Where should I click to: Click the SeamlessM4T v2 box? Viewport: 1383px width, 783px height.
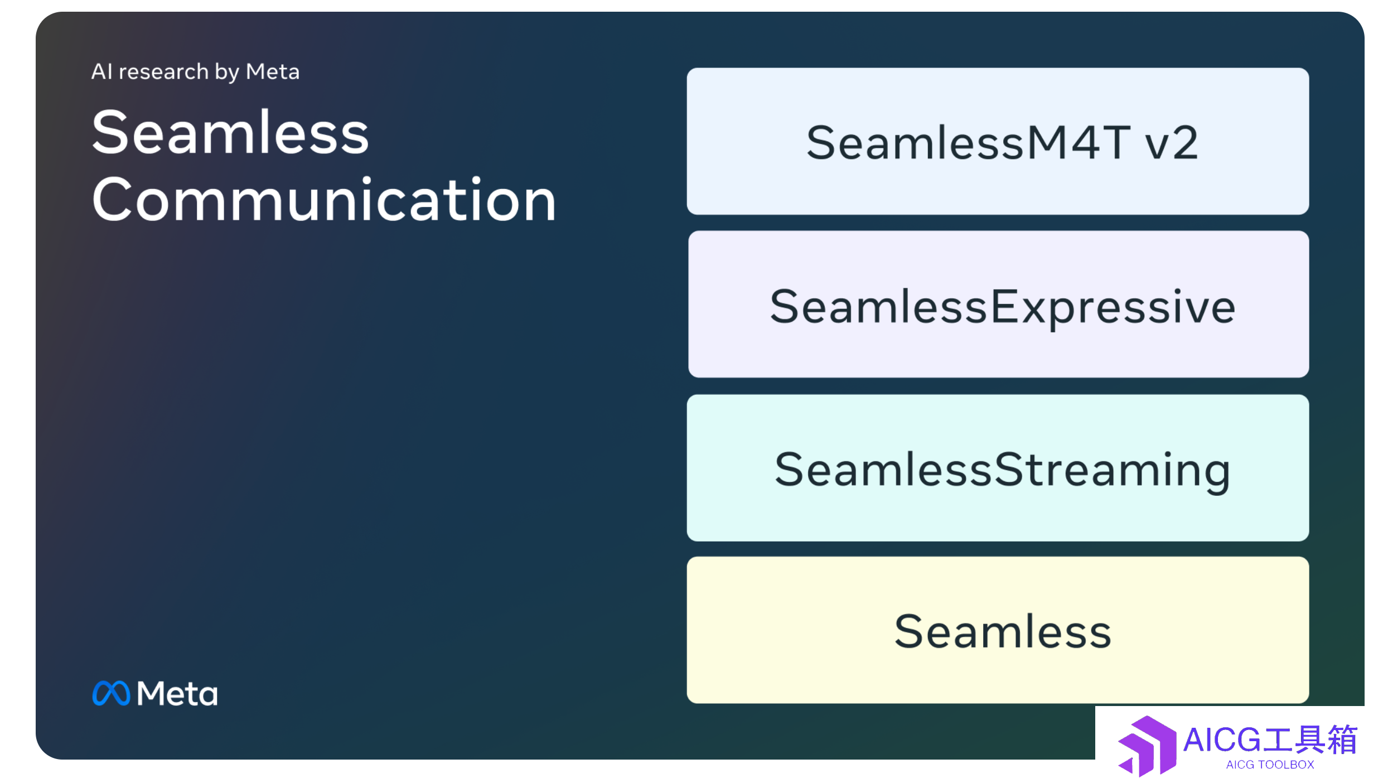pyautogui.click(x=998, y=141)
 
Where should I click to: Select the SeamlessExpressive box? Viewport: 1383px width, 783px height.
pyautogui.click(x=998, y=304)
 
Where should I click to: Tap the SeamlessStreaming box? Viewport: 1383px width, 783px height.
pyautogui.click(x=998, y=468)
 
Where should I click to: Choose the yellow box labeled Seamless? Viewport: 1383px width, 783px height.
pyautogui.click(x=998, y=630)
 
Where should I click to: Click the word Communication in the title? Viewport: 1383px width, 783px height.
pyautogui.click(x=324, y=200)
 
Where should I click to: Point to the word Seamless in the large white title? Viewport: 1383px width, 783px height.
pyautogui.click(x=230, y=132)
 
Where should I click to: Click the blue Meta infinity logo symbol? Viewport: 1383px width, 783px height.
pyautogui.click(x=111, y=693)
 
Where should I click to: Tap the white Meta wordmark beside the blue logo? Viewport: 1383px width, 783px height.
pyautogui.click(x=177, y=694)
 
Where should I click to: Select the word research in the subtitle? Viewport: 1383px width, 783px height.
pyautogui.click(x=163, y=72)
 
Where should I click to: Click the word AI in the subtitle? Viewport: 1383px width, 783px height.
pyautogui.click(x=102, y=71)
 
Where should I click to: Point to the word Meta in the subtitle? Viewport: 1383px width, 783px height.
pyautogui.click(x=273, y=72)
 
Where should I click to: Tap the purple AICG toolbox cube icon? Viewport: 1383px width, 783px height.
pyautogui.click(x=1147, y=746)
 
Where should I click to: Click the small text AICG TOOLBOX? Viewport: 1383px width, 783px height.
pyautogui.click(x=1270, y=765)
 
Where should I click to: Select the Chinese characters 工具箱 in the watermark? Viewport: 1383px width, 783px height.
pyautogui.click(x=1311, y=739)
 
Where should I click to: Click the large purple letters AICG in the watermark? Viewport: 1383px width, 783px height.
pyautogui.click(x=1222, y=740)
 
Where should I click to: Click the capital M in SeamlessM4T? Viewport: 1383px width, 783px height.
pyautogui.click(x=1047, y=142)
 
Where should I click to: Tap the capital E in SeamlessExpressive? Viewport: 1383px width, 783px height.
pyautogui.click(x=1004, y=306)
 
